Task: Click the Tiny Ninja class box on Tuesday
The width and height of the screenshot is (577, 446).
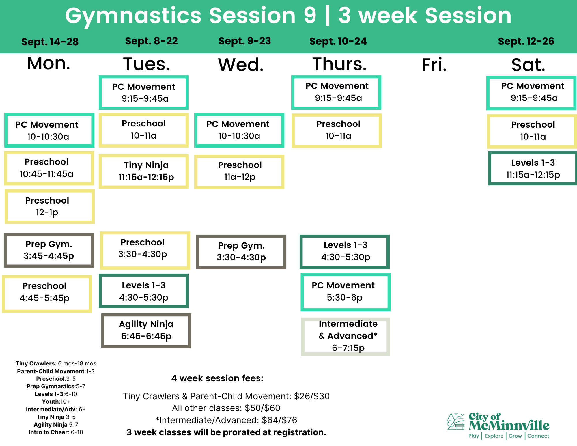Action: [x=144, y=171]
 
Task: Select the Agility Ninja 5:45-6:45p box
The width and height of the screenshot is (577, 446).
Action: [x=146, y=330]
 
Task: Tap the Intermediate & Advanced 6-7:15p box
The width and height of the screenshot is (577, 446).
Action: [x=346, y=336]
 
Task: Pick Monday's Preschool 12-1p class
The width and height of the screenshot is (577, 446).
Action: [x=49, y=206]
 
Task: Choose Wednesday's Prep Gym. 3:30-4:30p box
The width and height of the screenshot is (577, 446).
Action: [x=241, y=252]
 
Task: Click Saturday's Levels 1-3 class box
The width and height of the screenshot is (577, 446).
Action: [x=532, y=168]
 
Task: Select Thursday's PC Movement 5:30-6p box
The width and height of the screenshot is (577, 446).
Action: [x=346, y=292]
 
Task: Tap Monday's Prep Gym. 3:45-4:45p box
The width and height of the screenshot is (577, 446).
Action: [x=49, y=250]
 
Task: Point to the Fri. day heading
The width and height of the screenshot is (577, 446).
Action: [x=434, y=65]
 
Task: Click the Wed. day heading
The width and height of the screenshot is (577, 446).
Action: [x=241, y=65]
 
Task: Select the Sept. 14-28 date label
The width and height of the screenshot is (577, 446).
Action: [x=50, y=42]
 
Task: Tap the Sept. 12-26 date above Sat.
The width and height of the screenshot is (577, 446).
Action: [x=526, y=41]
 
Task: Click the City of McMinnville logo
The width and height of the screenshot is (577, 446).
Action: [x=498, y=426]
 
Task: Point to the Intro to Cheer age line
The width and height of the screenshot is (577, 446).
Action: [x=56, y=432]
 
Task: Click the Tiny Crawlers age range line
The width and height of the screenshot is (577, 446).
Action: [x=56, y=363]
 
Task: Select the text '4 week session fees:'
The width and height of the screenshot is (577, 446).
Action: [x=217, y=378]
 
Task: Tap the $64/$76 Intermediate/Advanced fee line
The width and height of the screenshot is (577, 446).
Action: [x=226, y=420]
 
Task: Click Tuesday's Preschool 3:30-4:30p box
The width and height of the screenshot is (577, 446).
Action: [x=145, y=250]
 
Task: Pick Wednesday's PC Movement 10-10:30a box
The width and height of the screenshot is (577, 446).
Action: [x=239, y=130]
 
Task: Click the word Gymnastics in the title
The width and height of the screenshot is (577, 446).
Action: [x=133, y=16]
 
